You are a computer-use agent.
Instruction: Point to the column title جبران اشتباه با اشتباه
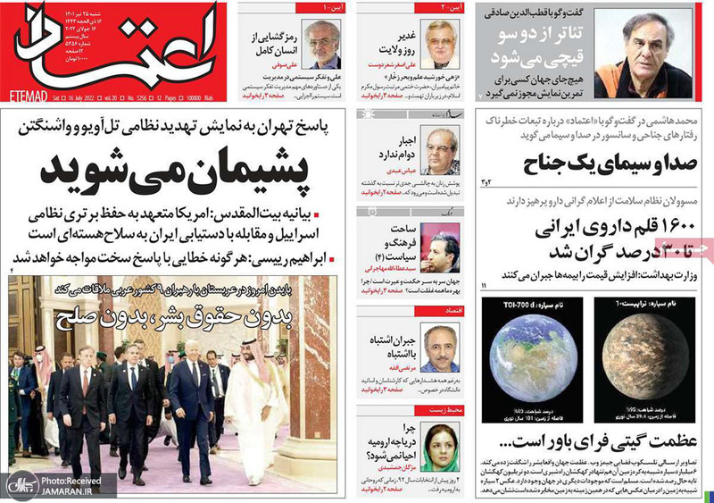(x=389, y=344)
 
